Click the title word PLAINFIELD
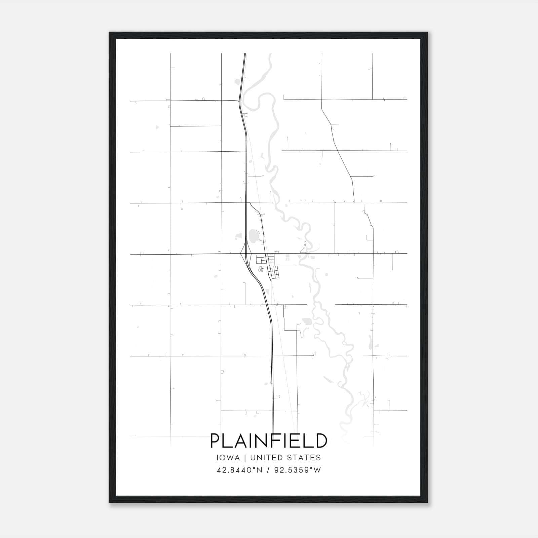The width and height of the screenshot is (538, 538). tap(269, 441)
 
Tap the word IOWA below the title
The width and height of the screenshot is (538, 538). tap(228, 458)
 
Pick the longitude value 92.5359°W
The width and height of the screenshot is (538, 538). tap(298, 470)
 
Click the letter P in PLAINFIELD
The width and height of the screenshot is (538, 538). tap(215, 441)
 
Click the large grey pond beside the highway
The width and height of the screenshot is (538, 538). tap(253, 236)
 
